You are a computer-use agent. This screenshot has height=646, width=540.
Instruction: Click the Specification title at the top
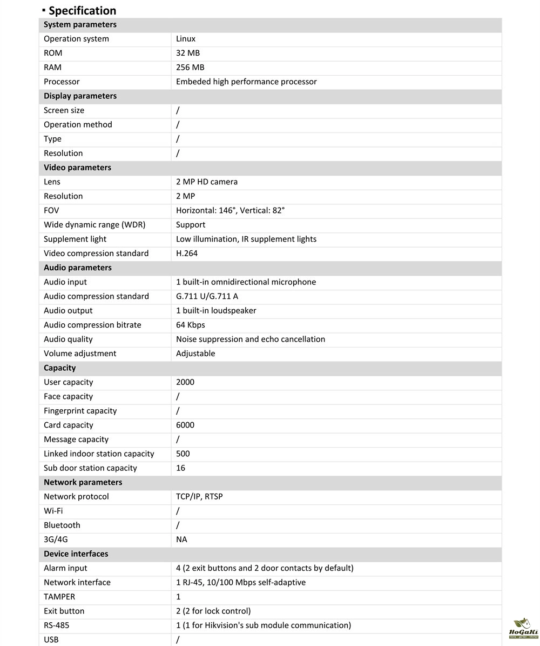[x=82, y=10]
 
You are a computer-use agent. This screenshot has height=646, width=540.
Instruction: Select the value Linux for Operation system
[x=186, y=39]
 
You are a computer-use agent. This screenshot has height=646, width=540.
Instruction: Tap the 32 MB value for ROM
[x=188, y=53]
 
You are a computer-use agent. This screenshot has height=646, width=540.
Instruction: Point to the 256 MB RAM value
[x=190, y=68]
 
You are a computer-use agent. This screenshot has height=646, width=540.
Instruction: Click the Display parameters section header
[x=80, y=96]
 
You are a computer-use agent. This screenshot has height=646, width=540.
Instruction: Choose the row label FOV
[x=51, y=210]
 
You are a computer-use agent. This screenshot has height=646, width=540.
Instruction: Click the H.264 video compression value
[x=187, y=254]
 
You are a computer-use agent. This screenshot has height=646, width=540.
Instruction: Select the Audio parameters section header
[x=78, y=268]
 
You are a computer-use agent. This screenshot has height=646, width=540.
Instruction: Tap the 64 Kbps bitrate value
[x=191, y=325]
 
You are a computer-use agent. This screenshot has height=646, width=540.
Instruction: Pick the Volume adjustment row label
[x=80, y=354]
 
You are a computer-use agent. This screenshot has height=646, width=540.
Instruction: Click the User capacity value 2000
[x=185, y=382]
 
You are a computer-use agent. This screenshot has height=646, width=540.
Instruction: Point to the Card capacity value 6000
[x=185, y=425]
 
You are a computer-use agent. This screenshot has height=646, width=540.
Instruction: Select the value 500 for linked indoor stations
[x=183, y=454]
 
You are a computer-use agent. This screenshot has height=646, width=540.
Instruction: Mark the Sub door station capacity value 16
[x=180, y=468]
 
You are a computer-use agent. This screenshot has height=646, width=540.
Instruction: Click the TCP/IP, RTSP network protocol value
[x=199, y=497]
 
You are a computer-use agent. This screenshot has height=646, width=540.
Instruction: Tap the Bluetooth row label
[x=62, y=525]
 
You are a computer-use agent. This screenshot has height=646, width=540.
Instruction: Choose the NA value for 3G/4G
[x=181, y=540]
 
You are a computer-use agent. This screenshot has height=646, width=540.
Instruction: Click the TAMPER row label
[x=59, y=597]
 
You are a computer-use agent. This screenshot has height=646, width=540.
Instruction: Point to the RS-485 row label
[x=56, y=625]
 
